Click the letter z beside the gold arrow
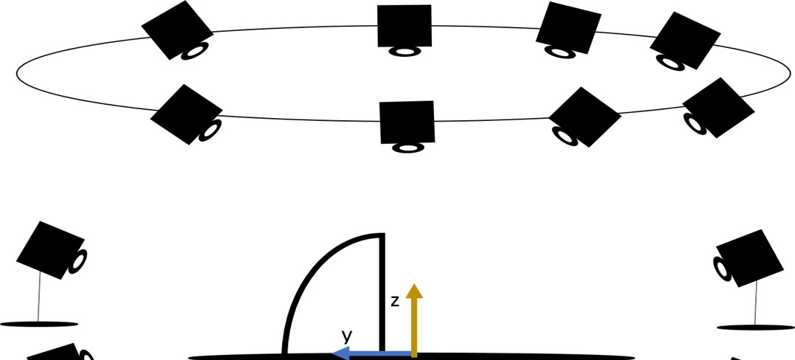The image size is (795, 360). point(395,301)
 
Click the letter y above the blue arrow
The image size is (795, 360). point(347,336)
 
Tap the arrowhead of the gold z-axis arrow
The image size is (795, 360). point(414,290)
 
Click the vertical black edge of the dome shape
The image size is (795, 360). point(382,295)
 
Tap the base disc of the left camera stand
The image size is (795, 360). point(38,323)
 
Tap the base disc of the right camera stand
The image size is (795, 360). point(754,327)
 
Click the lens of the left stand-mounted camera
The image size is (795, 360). point(78,261)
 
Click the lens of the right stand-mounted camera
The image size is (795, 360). point(721,269)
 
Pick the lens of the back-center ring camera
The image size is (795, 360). point(405,51)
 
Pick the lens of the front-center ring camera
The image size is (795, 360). point(407,148)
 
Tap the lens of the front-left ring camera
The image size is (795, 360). point(210,131)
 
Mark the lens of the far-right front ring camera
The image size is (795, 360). point(695,123)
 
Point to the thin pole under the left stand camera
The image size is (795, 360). point(38,299)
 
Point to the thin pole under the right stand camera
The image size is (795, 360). point(756,305)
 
